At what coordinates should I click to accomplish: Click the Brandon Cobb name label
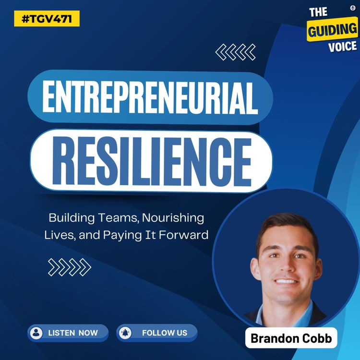click(291, 339)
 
